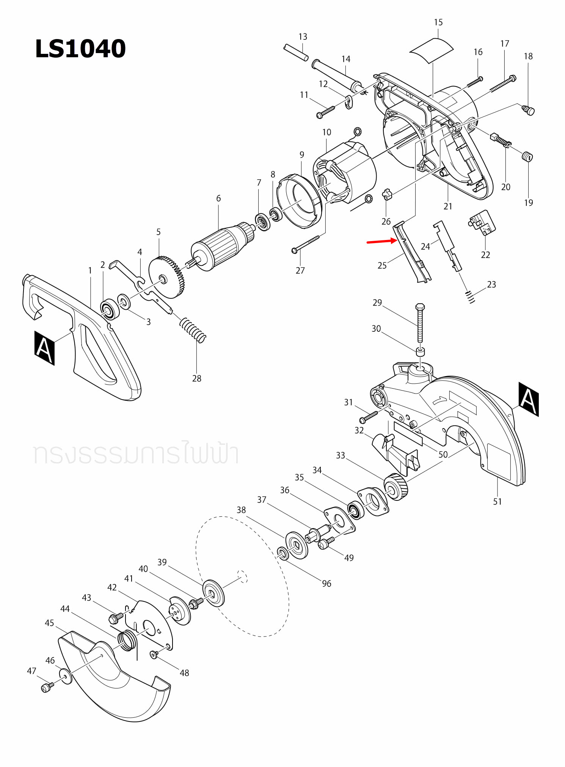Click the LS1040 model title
coord(80,49)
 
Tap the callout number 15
coord(438,22)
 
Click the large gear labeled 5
coord(167,276)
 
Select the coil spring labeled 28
coord(193,329)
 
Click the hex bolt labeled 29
coord(420,322)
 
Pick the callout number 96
coord(326,583)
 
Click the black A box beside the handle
coord(44,348)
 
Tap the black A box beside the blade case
coord(529,399)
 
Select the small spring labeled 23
coord(470,296)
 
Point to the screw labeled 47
coord(46,687)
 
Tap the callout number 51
coord(497,502)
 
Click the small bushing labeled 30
coord(420,351)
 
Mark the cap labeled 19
coord(527,157)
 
